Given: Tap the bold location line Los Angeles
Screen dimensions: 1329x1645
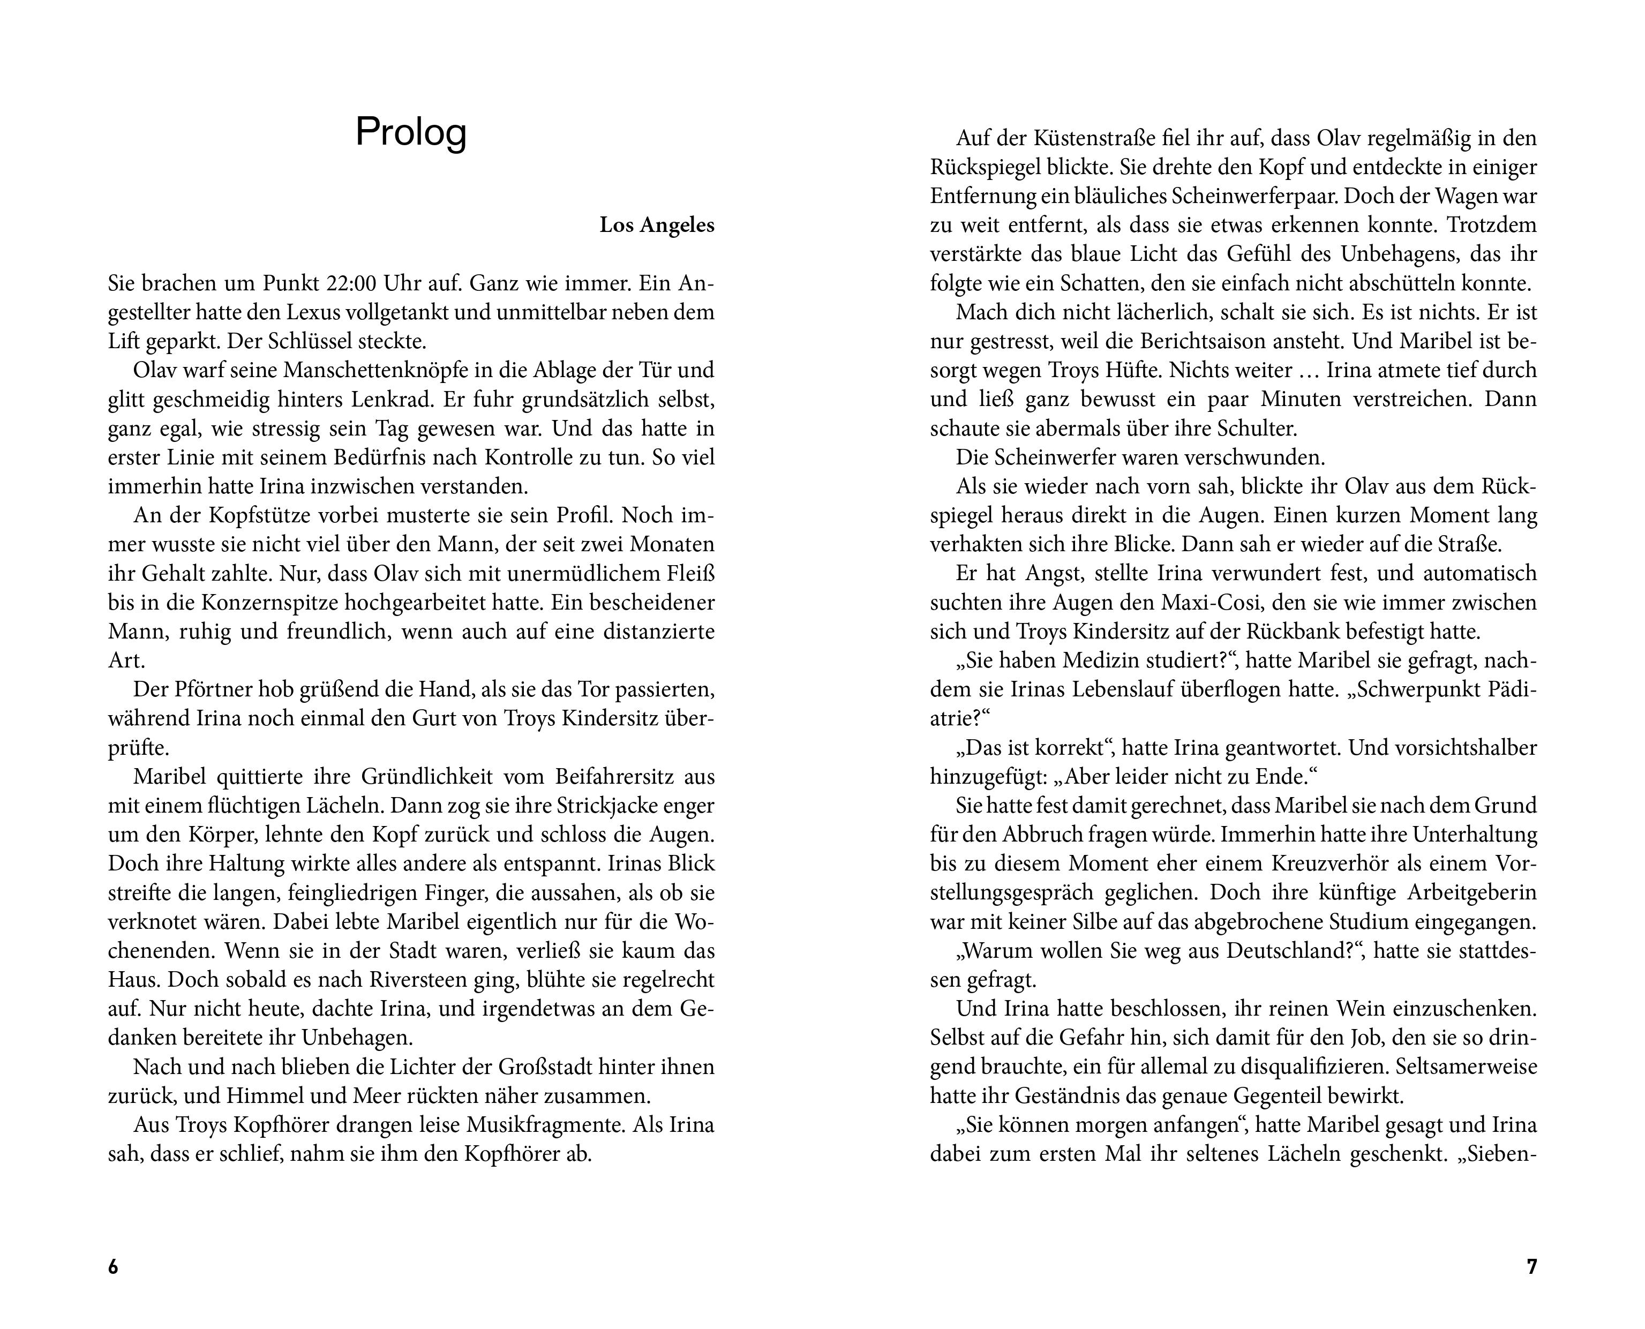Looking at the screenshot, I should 656,226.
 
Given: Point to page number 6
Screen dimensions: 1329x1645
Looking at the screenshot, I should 113,1267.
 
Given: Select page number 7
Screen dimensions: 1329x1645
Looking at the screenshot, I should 1531,1267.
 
